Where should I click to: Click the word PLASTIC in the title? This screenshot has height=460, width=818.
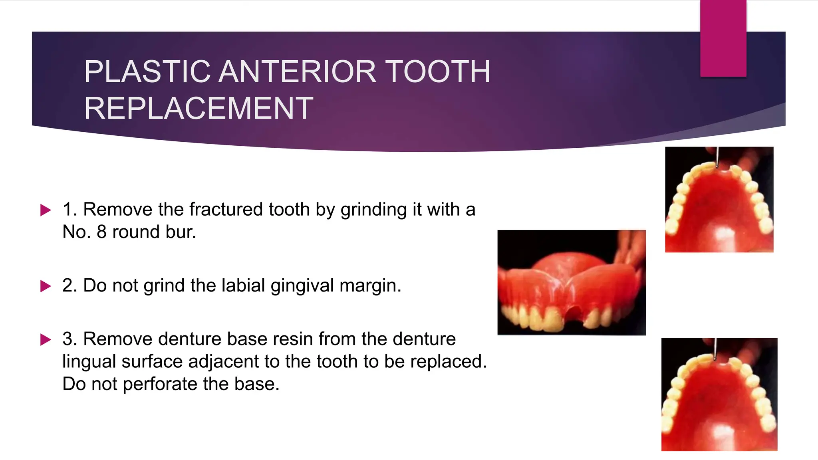pos(147,72)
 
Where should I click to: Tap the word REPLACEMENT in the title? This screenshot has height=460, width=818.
pos(199,109)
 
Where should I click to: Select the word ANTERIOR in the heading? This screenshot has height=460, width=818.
pos(298,72)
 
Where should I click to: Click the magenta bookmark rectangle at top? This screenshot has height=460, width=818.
pos(723,38)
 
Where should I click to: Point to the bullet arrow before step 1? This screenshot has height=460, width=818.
pos(46,210)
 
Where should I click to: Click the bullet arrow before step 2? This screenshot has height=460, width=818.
pos(46,286)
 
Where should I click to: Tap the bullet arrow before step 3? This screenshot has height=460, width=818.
pos(46,340)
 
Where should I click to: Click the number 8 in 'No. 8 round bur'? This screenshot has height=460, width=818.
pos(101,232)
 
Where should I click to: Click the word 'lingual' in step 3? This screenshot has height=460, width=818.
pos(89,362)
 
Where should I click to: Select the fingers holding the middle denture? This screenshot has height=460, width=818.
pos(631,248)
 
